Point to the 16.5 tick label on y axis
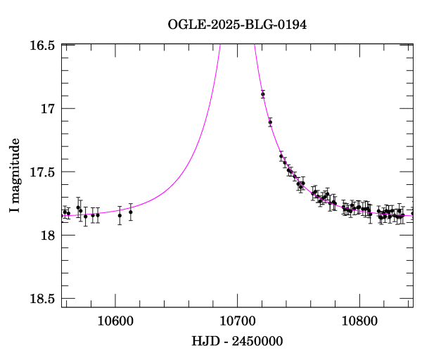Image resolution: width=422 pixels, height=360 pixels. pos(42,46)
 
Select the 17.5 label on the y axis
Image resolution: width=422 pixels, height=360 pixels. pos(42,172)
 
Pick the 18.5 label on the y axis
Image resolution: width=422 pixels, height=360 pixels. pos(42,299)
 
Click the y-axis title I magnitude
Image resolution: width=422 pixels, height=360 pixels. pos(15,176)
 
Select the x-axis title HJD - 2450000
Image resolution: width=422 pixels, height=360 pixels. pos(237,342)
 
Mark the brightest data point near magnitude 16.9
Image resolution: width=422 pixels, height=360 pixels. pos(262,94)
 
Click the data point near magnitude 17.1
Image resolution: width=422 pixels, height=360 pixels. pos(270,122)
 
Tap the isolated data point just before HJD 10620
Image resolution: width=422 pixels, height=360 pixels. pos(131,212)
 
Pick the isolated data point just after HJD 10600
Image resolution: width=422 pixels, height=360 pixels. pos(120,215)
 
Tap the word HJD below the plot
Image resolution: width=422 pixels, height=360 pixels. pos(205,342)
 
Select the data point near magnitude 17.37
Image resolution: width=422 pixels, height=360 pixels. pos(281,156)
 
